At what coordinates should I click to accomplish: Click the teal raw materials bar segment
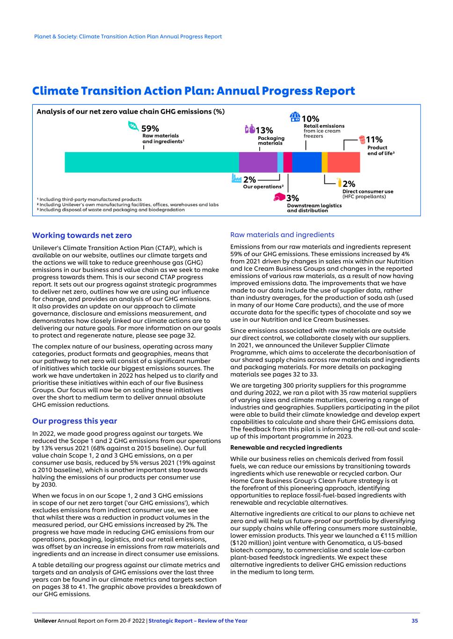[152, 162]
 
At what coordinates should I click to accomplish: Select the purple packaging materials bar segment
[258, 162]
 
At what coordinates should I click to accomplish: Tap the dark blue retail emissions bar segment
[307, 162]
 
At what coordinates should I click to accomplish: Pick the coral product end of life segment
[343, 162]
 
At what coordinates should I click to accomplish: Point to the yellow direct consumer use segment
[324, 162]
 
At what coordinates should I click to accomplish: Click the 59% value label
[150, 129]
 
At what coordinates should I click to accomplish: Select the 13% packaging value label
[264, 131]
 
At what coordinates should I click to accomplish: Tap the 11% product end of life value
[374, 140]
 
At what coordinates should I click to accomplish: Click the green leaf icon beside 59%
[133, 126]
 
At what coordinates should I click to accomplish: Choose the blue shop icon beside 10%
[295, 117]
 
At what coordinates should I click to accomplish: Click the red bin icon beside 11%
[362, 139]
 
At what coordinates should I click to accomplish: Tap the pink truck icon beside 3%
[279, 197]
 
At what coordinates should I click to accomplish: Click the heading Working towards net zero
[82, 235]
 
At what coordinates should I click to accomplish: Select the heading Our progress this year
[74, 421]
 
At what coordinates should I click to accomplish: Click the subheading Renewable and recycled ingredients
[286, 448]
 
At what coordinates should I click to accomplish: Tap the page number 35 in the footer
[415, 621]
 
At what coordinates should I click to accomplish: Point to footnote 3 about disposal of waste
[112, 210]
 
